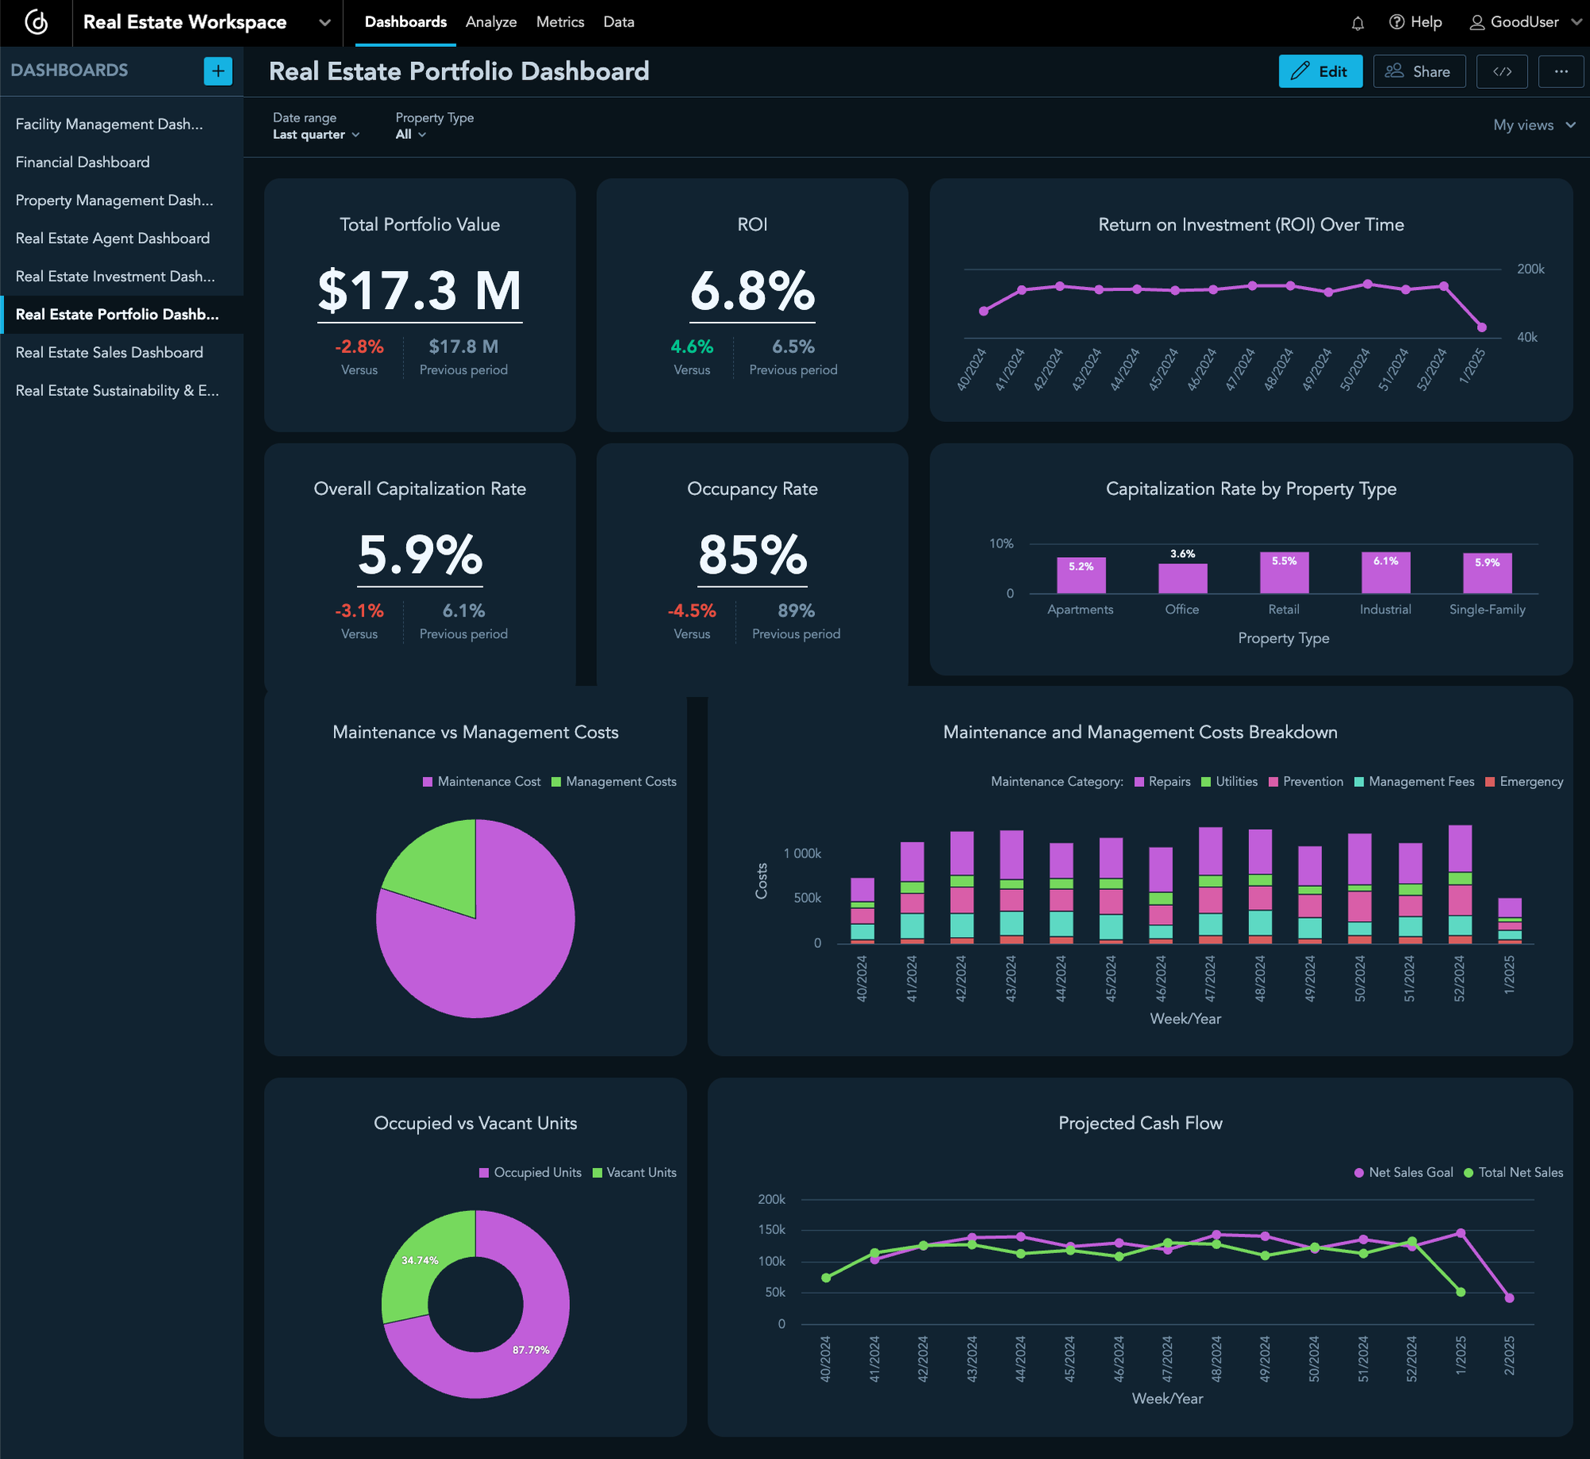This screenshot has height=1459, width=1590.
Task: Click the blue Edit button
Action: (1320, 72)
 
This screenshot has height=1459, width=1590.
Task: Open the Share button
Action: (1419, 72)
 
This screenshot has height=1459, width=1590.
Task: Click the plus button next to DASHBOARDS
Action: (218, 71)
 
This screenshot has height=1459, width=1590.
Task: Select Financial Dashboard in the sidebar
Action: (83, 162)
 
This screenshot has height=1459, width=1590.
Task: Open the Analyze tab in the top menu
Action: (491, 22)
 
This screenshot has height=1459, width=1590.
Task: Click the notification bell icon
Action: (1358, 23)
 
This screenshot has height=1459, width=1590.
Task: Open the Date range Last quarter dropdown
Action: (316, 134)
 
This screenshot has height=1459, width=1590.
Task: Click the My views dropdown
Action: (1534, 125)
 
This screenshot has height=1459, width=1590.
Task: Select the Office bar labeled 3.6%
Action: (1182, 578)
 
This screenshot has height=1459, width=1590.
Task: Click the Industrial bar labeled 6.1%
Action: (1386, 573)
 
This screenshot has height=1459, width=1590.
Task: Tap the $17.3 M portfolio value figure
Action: (420, 291)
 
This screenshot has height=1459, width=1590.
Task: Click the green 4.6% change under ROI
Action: (692, 346)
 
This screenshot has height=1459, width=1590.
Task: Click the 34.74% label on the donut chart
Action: (420, 1260)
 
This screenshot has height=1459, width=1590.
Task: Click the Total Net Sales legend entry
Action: (1514, 1172)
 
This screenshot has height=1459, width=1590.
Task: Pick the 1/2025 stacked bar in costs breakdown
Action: (1509, 920)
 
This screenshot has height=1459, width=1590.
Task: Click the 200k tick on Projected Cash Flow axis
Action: (771, 1199)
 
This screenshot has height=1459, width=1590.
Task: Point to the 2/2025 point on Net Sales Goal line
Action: (1509, 1298)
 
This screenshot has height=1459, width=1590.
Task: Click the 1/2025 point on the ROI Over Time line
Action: (1481, 327)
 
